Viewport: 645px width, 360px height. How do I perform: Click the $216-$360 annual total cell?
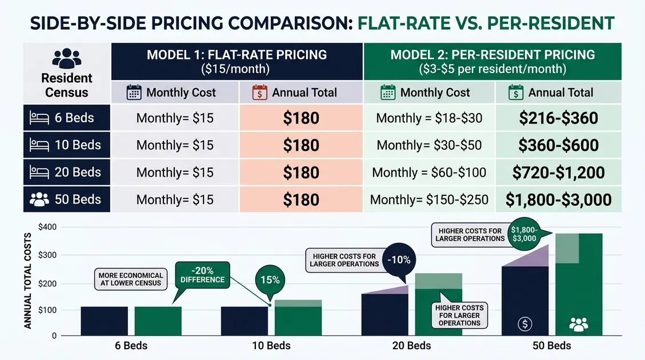[x=558, y=119]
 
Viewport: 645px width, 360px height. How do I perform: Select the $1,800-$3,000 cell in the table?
[x=558, y=199]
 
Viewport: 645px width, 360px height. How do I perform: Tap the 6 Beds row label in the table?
[x=67, y=119]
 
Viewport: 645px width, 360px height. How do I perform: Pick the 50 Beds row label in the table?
[x=67, y=199]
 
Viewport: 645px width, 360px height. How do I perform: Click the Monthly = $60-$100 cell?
[x=429, y=173]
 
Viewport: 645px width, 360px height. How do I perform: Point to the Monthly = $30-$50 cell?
[x=429, y=145]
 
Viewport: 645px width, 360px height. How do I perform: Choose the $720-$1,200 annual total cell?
[x=558, y=173]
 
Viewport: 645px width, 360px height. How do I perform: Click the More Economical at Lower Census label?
[x=130, y=279]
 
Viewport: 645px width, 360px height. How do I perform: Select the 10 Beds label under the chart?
[x=271, y=346]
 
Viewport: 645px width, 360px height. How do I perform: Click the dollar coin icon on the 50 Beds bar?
[x=524, y=323]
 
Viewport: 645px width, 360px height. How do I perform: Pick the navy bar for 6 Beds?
[x=104, y=321]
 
